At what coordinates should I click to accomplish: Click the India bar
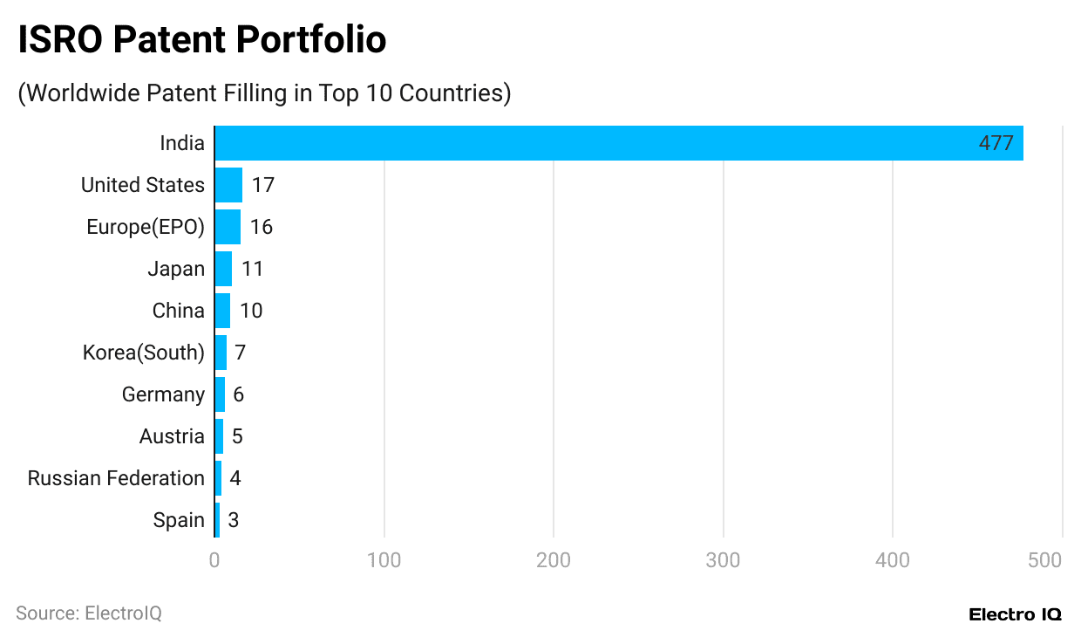pyautogui.click(x=619, y=143)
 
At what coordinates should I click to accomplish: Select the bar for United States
pyautogui.click(x=228, y=185)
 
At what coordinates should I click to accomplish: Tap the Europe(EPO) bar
pyautogui.click(x=228, y=227)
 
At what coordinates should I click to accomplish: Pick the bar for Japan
pyautogui.click(x=223, y=269)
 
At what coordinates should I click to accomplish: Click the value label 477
pyautogui.click(x=996, y=143)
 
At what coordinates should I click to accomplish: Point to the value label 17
pyautogui.click(x=262, y=185)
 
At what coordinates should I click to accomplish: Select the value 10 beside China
pyautogui.click(x=251, y=311)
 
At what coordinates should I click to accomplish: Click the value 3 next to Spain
pyautogui.click(x=234, y=520)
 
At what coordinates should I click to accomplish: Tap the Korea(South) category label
pyautogui.click(x=144, y=353)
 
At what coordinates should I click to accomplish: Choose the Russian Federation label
pyautogui.click(x=116, y=478)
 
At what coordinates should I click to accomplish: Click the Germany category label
pyautogui.click(x=163, y=394)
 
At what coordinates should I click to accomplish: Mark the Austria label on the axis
pyautogui.click(x=172, y=436)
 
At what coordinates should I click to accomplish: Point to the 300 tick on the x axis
pyautogui.click(x=723, y=560)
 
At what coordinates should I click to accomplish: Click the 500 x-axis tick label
pyautogui.click(x=1044, y=560)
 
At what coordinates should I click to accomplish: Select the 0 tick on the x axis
pyautogui.click(x=214, y=560)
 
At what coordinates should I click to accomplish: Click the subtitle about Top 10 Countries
pyautogui.click(x=264, y=92)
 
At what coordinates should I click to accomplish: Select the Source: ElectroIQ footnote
pyautogui.click(x=89, y=613)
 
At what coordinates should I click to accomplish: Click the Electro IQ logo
pyautogui.click(x=1015, y=614)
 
